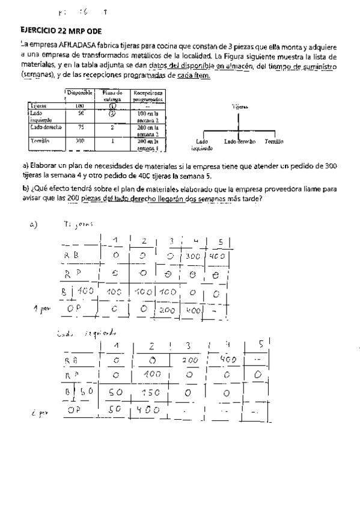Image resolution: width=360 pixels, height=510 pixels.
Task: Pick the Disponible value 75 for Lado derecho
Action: click(81, 127)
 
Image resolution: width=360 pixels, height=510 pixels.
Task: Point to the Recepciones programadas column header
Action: click(148, 96)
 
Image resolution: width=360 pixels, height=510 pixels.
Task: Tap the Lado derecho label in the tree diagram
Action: click(240, 141)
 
